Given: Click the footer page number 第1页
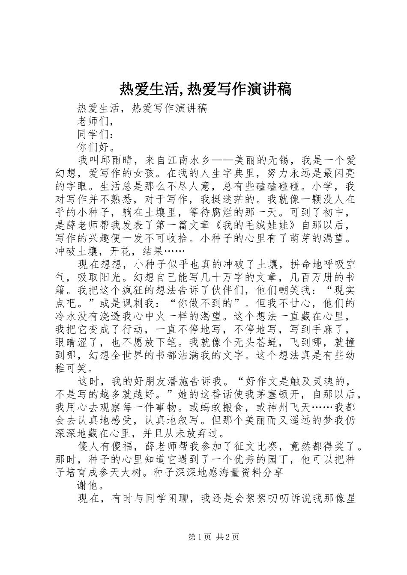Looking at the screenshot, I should pos(200,536).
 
